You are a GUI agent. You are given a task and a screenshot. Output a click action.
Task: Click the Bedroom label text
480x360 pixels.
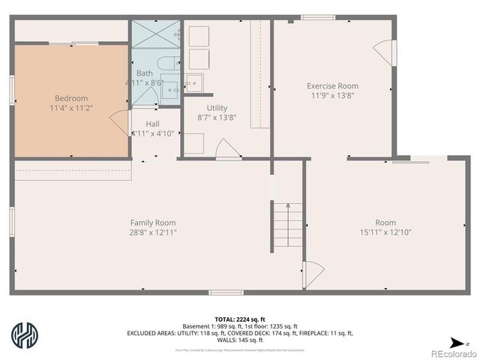coord(70,98)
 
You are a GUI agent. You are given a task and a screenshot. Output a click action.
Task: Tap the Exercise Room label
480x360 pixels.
coord(332,85)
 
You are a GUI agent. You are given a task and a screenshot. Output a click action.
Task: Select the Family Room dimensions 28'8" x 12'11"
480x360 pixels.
coord(153,232)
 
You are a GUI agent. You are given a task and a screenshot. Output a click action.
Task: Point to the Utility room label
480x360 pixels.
coord(217,108)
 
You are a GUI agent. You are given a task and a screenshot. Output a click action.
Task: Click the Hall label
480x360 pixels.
coord(152,124)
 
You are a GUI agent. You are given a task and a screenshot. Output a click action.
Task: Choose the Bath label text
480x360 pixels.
coord(145,73)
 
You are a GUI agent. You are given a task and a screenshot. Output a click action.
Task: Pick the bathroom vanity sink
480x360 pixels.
coord(169,90)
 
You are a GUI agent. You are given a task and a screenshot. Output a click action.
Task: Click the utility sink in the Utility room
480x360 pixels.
coord(193,83)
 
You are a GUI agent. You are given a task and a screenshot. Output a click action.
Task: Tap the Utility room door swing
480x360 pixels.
coord(227,148)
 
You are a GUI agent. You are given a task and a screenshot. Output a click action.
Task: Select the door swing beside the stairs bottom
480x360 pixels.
coord(312,271)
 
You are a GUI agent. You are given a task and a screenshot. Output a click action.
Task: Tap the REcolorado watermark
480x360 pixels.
coord(452,352)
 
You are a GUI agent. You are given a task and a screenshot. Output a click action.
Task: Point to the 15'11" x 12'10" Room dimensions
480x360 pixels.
coord(385,232)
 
